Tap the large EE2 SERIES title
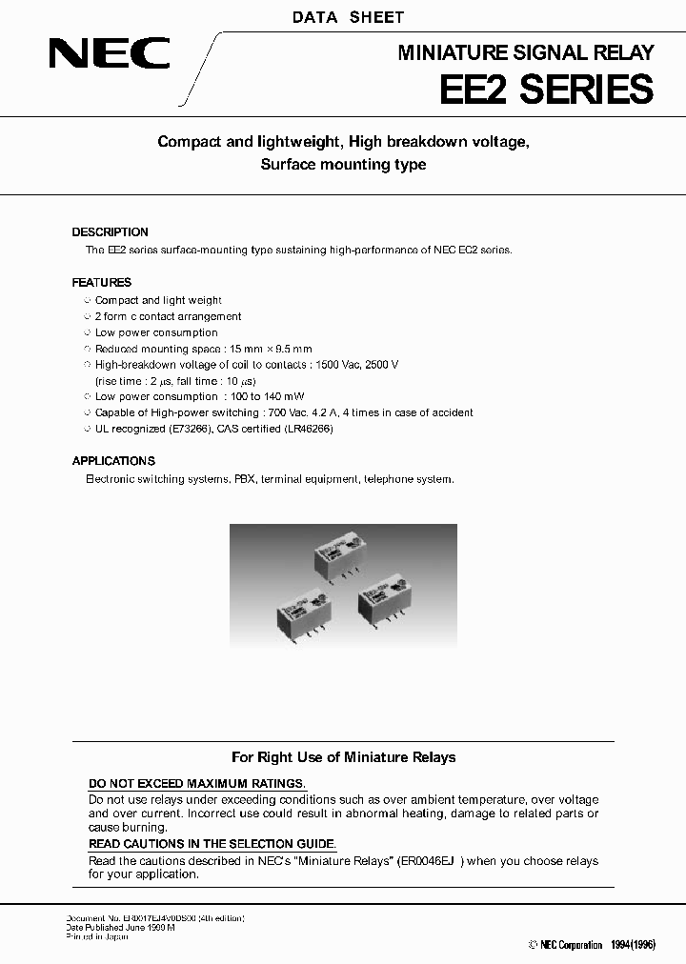tap(546, 90)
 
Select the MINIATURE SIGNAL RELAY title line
tap(525, 53)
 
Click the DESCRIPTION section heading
tap(111, 232)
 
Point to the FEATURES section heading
tap(102, 283)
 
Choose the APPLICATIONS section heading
tap(113, 461)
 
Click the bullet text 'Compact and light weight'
tap(158, 300)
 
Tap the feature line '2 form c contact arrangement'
tap(168, 316)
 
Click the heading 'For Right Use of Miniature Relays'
tap(344, 757)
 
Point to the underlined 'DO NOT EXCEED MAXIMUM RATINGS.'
tap(197, 784)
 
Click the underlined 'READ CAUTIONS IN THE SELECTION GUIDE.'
tap(212, 844)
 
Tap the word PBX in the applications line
tap(245, 479)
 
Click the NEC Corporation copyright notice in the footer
tap(565, 945)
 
